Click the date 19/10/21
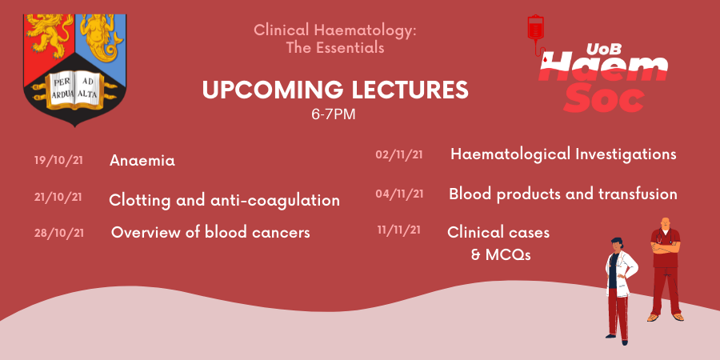(58, 161)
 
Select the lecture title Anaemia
(142, 161)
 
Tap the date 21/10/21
(58, 197)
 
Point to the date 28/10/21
(59, 233)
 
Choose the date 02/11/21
(399, 154)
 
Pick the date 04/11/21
(399, 194)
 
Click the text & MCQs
(501, 254)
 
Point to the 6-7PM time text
(334, 114)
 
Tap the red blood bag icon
(535, 29)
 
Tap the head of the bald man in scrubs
(665, 224)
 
